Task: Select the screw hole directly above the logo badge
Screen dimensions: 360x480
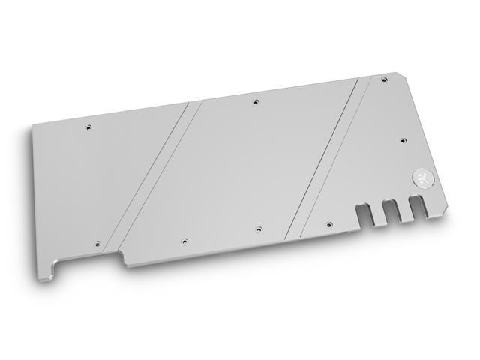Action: tap(403, 139)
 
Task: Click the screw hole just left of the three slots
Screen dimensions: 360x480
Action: tap(328, 223)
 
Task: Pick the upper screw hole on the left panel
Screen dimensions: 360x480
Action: tap(88, 127)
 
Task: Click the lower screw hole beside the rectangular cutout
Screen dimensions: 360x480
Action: tap(97, 243)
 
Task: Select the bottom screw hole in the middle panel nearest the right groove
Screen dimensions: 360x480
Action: tap(259, 226)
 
